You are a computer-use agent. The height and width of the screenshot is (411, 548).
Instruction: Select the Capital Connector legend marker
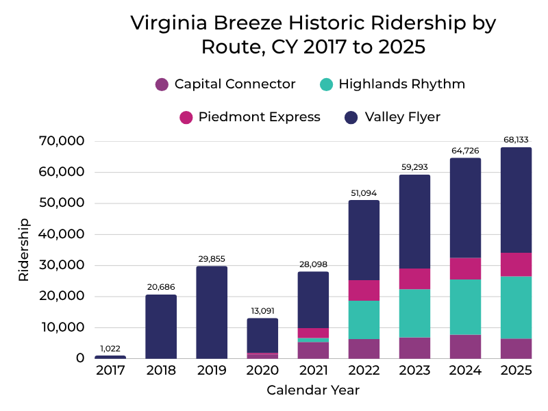162,84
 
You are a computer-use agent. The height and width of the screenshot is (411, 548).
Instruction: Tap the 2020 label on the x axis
262,371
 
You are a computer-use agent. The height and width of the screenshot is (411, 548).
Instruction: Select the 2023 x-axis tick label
414,371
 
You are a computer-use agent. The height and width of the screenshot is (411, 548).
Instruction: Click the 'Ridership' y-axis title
24,249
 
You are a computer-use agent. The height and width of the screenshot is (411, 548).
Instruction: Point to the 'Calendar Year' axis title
313,390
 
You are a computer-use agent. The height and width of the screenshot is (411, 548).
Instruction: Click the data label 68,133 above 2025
516,140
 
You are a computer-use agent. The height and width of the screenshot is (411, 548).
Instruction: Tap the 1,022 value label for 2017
110,348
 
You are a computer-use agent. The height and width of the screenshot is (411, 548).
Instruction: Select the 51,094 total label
364,192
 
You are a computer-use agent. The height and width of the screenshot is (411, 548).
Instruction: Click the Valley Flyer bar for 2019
212,312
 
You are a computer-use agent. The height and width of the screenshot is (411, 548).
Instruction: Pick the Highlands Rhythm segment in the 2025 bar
516,307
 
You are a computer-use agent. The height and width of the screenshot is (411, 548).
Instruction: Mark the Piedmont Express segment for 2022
364,290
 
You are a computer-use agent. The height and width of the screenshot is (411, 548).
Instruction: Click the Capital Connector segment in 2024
465,346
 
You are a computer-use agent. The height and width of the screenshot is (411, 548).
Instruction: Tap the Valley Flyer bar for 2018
161,326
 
